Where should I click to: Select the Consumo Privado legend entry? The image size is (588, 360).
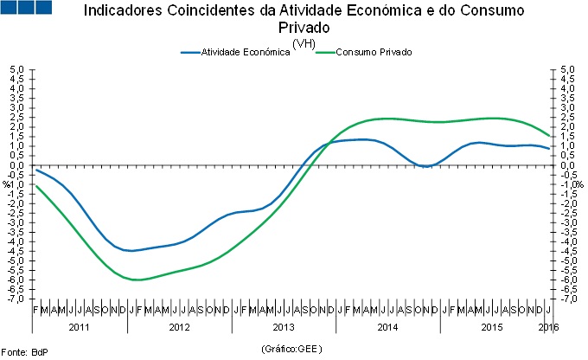click(x=374, y=53)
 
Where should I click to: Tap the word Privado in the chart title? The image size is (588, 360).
click(x=292, y=28)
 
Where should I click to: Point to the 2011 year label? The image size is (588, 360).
click(x=79, y=328)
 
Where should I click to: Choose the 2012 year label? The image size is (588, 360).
click(x=179, y=328)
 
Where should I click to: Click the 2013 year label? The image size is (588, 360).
click(x=284, y=328)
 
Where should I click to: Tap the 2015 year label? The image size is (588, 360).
click(x=492, y=328)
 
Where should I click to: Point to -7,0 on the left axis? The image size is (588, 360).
click(x=16, y=299)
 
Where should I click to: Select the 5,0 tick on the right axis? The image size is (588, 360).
click(x=567, y=69)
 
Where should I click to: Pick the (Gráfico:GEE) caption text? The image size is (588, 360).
click(x=294, y=349)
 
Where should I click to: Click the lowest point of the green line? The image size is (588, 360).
click(x=138, y=280)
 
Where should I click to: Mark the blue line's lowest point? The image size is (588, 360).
click(x=130, y=251)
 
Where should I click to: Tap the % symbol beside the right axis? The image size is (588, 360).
click(x=580, y=184)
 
